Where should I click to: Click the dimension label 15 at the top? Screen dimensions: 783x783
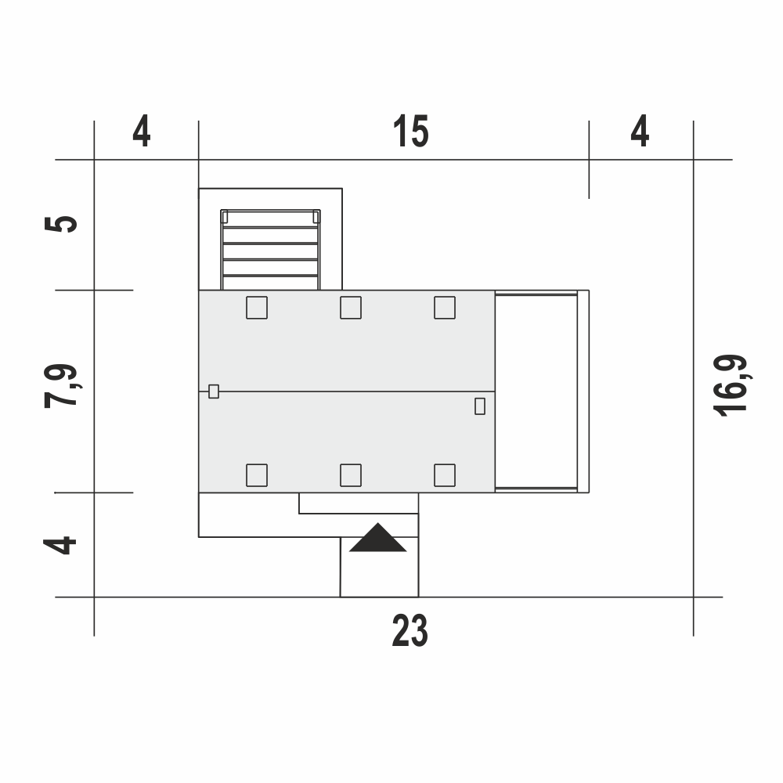410,132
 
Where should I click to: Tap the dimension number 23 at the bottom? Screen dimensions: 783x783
410,630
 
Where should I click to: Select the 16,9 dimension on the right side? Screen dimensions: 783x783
730,385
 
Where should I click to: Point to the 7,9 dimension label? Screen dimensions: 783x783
61,386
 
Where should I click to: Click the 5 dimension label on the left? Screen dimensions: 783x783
61,223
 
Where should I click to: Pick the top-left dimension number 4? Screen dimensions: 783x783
141,132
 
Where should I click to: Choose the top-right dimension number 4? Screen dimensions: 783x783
640,132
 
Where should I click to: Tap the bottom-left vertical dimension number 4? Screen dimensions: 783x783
60,546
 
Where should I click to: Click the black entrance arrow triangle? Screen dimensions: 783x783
378,537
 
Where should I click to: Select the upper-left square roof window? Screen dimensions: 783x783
257,308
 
